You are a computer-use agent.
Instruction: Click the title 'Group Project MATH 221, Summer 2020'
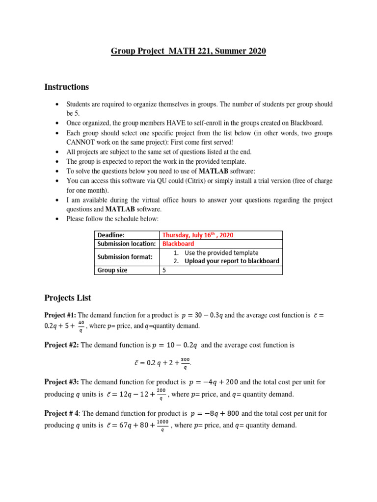pyautogui.click(x=188, y=51)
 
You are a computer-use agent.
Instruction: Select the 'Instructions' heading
pyautogui.click(x=67, y=87)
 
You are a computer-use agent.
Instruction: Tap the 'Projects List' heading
pyautogui.click(x=68, y=298)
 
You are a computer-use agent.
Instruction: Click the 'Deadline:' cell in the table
pyautogui.click(x=111, y=235)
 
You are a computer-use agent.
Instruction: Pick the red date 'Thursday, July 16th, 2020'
pyautogui.click(x=198, y=235)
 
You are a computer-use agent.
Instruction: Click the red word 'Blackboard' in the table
pyautogui.click(x=178, y=244)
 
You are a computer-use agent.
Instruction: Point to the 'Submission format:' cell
pyautogui.click(x=125, y=257)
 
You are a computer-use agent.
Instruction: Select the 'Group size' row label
pyautogui.click(x=112, y=270)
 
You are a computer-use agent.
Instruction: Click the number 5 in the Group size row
pyautogui.click(x=164, y=270)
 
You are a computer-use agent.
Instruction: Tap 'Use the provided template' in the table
pyautogui.click(x=221, y=253)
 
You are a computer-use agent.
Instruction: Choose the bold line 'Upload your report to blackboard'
pyautogui.click(x=232, y=261)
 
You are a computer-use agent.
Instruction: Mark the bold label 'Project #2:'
pyautogui.click(x=62, y=345)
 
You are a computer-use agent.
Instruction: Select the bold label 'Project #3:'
pyautogui.click(x=62, y=382)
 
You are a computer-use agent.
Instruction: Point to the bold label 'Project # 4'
pyautogui.click(x=62, y=413)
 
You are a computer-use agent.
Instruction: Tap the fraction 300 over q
pyautogui.click(x=185, y=363)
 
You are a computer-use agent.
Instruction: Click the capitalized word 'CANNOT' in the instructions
pyautogui.click(x=81, y=142)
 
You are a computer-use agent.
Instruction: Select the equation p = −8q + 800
pyautogui.click(x=215, y=413)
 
